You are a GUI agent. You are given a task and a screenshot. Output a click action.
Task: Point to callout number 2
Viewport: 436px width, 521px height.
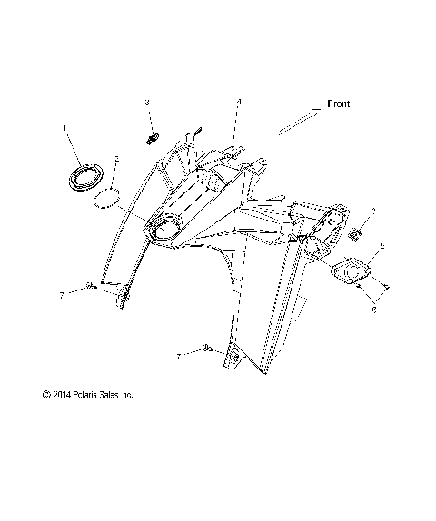click(x=116, y=160)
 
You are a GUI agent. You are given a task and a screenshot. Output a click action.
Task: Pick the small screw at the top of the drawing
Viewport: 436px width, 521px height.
click(x=152, y=138)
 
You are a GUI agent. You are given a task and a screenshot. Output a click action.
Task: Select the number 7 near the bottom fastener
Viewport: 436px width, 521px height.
click(x=178, y=358)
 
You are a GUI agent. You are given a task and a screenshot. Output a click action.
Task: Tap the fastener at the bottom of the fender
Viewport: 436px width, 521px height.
click(x=208, y=349)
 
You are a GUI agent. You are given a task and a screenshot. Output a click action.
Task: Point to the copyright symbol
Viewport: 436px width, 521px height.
click(x=45, y=395)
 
